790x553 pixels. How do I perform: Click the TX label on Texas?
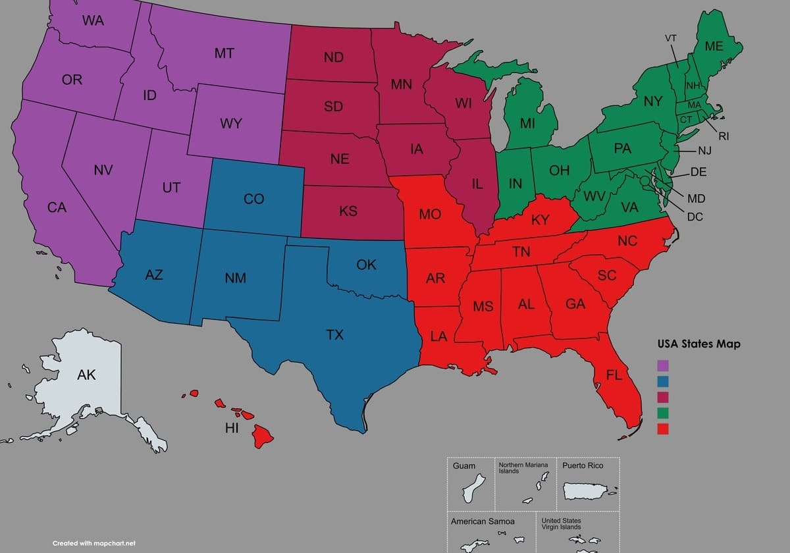tap(334, 335)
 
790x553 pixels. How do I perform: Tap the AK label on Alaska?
tap(86, 375)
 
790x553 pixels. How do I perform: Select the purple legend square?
tap(663, 365)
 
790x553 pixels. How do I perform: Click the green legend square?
tap(663, 413)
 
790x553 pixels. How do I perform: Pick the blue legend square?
tap(663, 381)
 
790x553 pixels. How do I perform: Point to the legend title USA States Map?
tap(698, 344)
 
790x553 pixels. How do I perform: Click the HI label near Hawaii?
tap(232, 429)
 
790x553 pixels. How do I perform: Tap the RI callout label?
tap(724, 136)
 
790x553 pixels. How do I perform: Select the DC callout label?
tap(695, 216)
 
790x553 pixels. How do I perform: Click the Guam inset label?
tap(463, 466)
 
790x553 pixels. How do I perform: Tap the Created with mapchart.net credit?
tap(93, 543)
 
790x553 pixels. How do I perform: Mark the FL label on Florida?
tap(614, 375)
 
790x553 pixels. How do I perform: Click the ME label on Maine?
tap(714, 46)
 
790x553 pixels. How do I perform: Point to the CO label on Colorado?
tap(253, 198)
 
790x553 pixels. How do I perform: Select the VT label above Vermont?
tap(670, 38)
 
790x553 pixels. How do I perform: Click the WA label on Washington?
tap(93, 20)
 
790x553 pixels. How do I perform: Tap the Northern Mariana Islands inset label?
tap(523, 467)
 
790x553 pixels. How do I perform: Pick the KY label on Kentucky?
tap(540, 220)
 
